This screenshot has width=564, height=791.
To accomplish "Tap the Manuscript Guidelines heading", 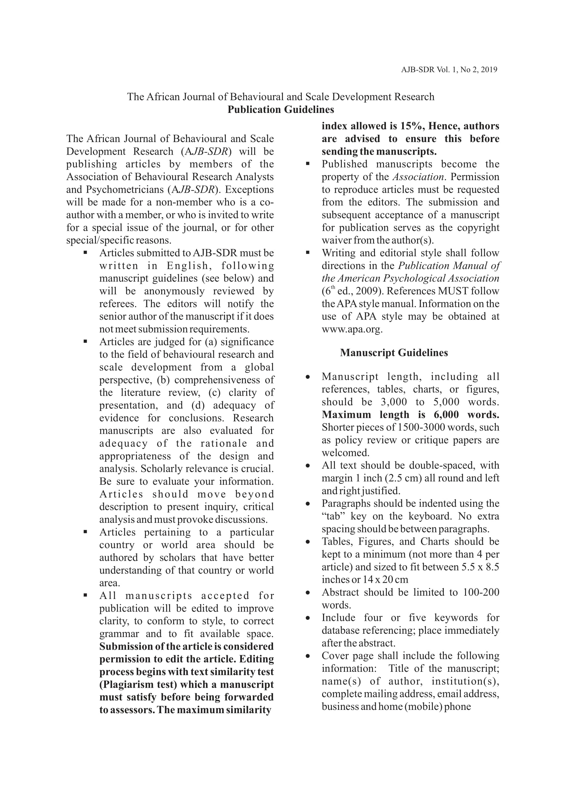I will click(394, 353).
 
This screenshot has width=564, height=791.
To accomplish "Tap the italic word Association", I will click(418, 177).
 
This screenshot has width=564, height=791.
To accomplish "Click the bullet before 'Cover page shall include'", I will click(307, 656).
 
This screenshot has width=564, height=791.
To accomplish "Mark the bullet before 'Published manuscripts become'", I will click(307, 164).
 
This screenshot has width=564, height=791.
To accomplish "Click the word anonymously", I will click(174, 291).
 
